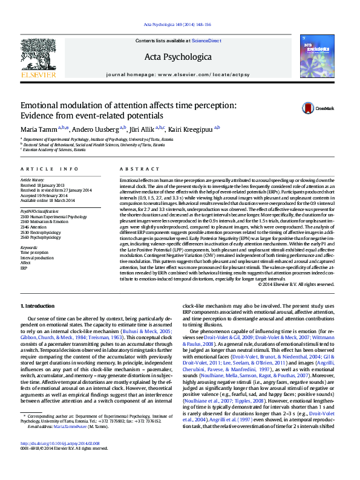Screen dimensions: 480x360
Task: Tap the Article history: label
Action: pos(33,180)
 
